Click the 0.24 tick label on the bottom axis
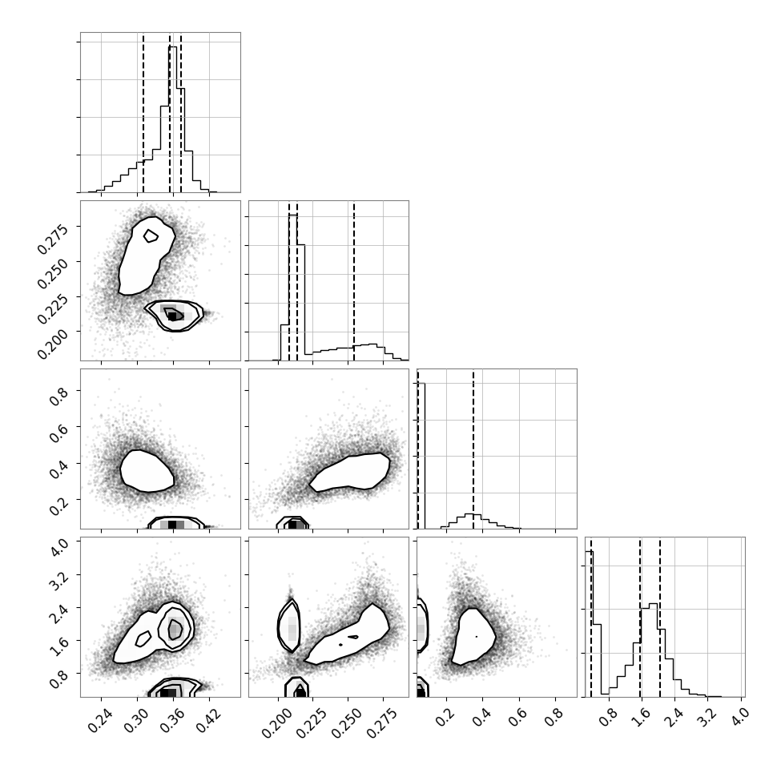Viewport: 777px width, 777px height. tap(101, 720)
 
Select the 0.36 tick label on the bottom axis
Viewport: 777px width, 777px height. tap(172, 720)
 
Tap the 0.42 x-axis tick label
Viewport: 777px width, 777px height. tap(208, 720)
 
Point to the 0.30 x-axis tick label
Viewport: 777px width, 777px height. tap(137, 720)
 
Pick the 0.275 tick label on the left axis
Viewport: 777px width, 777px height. tap(53, 240)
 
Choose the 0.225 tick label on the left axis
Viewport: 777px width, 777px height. tap(53, 308)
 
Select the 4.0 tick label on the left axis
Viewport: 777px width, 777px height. tap(58, 546)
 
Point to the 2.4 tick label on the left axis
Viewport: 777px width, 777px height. tap(58, 612)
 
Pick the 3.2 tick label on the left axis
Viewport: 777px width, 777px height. tap(58, 579)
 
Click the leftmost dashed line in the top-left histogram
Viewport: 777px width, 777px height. tap(143, 112)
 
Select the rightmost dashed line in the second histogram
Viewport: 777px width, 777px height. tap(354, 280)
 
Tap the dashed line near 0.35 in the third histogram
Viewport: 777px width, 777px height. tap(473, 449)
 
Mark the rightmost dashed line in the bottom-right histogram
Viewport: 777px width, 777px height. tap(660, 617)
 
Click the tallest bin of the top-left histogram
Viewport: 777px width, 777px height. tap(173, 119)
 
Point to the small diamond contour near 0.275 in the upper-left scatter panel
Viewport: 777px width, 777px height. tap(151, 236)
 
